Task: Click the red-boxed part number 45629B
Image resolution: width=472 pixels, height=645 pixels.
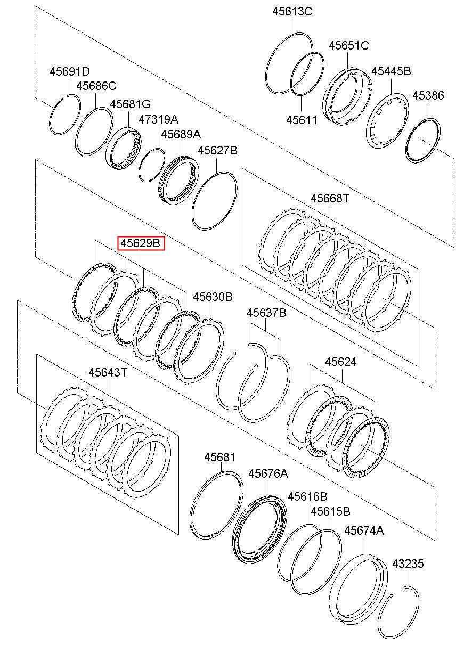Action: click(x=141, y=243)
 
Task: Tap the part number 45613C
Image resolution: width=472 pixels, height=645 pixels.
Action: click(x=292, y=11)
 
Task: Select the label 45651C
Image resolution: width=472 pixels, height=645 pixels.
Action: click(x=348, y=45)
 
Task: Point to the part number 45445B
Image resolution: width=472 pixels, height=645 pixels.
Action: click(x=391, y=71)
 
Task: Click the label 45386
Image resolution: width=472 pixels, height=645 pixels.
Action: click(x=428, y=96)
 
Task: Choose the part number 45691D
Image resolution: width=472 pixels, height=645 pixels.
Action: click(x=70, y=71)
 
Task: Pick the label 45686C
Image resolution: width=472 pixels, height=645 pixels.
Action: click(x=96, y=86)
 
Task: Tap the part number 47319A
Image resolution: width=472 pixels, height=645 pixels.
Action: click(x=159, y=119)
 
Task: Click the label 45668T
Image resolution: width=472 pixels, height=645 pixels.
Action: click(x=330, y=198)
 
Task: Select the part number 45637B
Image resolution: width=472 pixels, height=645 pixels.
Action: click(x=266, y=313)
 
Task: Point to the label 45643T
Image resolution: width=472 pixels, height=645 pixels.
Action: click(x=108, y=372)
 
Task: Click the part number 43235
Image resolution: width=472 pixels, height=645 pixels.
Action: click(x=408, y=564)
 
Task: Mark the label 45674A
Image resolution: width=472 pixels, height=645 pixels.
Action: click(x=364, y=530)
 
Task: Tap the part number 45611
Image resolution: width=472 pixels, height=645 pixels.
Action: click(x=302, y=120)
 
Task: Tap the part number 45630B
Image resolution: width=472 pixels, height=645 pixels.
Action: click(x=213, y=297)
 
